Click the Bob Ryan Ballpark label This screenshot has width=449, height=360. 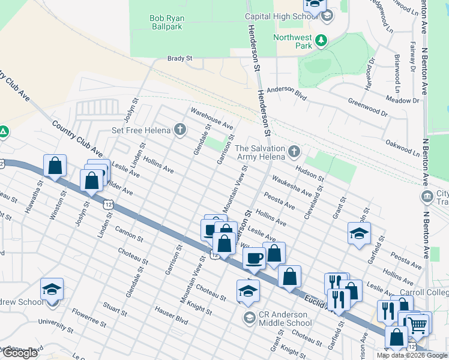(167, 22)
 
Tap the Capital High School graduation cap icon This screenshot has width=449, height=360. (327, 16)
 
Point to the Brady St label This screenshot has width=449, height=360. (179, 59)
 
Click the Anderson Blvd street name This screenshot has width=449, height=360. (287, 92)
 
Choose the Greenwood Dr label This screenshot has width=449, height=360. (368, 106)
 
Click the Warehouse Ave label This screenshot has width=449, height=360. (211, 118)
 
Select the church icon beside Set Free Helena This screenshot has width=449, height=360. (179, 129)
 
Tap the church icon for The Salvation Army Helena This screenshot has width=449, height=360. (294, 150)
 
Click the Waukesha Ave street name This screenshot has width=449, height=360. (291, 185)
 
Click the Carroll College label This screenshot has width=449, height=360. (424, 293)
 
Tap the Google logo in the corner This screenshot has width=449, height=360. (20, 353)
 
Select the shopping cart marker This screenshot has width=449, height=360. (418, 324)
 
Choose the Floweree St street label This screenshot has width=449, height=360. (88, 317)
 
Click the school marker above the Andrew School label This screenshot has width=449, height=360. (52, 290)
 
